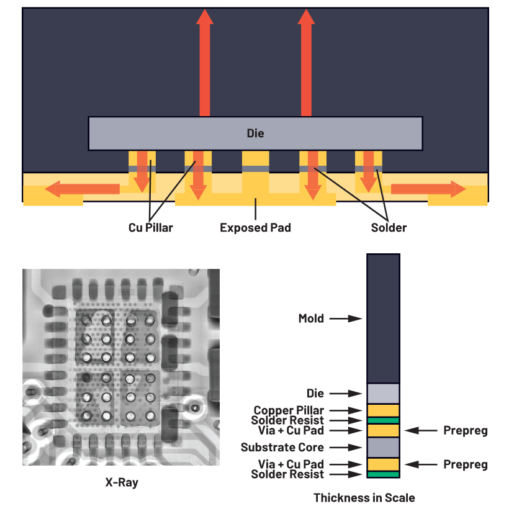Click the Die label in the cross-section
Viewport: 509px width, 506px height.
pyautogui.click(x=255, y=133)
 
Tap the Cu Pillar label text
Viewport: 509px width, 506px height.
pyautogui.click(x=151, y=228)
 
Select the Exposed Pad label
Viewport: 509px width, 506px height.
pyautogui.click(x=255, y=228)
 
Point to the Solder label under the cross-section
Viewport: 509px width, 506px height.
pyautogui.click(x=389, y=228)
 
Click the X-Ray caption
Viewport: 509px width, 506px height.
pyautogui.click(x=121, y=482)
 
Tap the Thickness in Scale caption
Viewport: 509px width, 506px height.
pyautogui.click(x=364, y=498)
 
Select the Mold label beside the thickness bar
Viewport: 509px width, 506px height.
pyautogui.click(x=311, y=319)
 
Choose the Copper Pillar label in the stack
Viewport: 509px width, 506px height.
pyautogui.click(x=288, y=410)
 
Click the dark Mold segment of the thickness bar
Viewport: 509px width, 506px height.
pyautogui.click(x=383, y=319)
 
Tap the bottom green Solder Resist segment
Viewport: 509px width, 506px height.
pyautogui.click(x=383, y=474)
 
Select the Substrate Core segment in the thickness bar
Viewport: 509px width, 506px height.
pyautogui.click(x=383, y=447)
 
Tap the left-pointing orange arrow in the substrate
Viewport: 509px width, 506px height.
pyautogui.click(x=84, y=188)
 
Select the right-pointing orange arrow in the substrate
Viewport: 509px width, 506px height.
pyautogui.click(x=428, y=188)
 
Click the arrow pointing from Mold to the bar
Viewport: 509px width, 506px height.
pyautogui.click(x=345, y=319)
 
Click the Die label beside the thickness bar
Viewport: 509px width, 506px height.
pyautogui.click(x=315, y=394)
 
